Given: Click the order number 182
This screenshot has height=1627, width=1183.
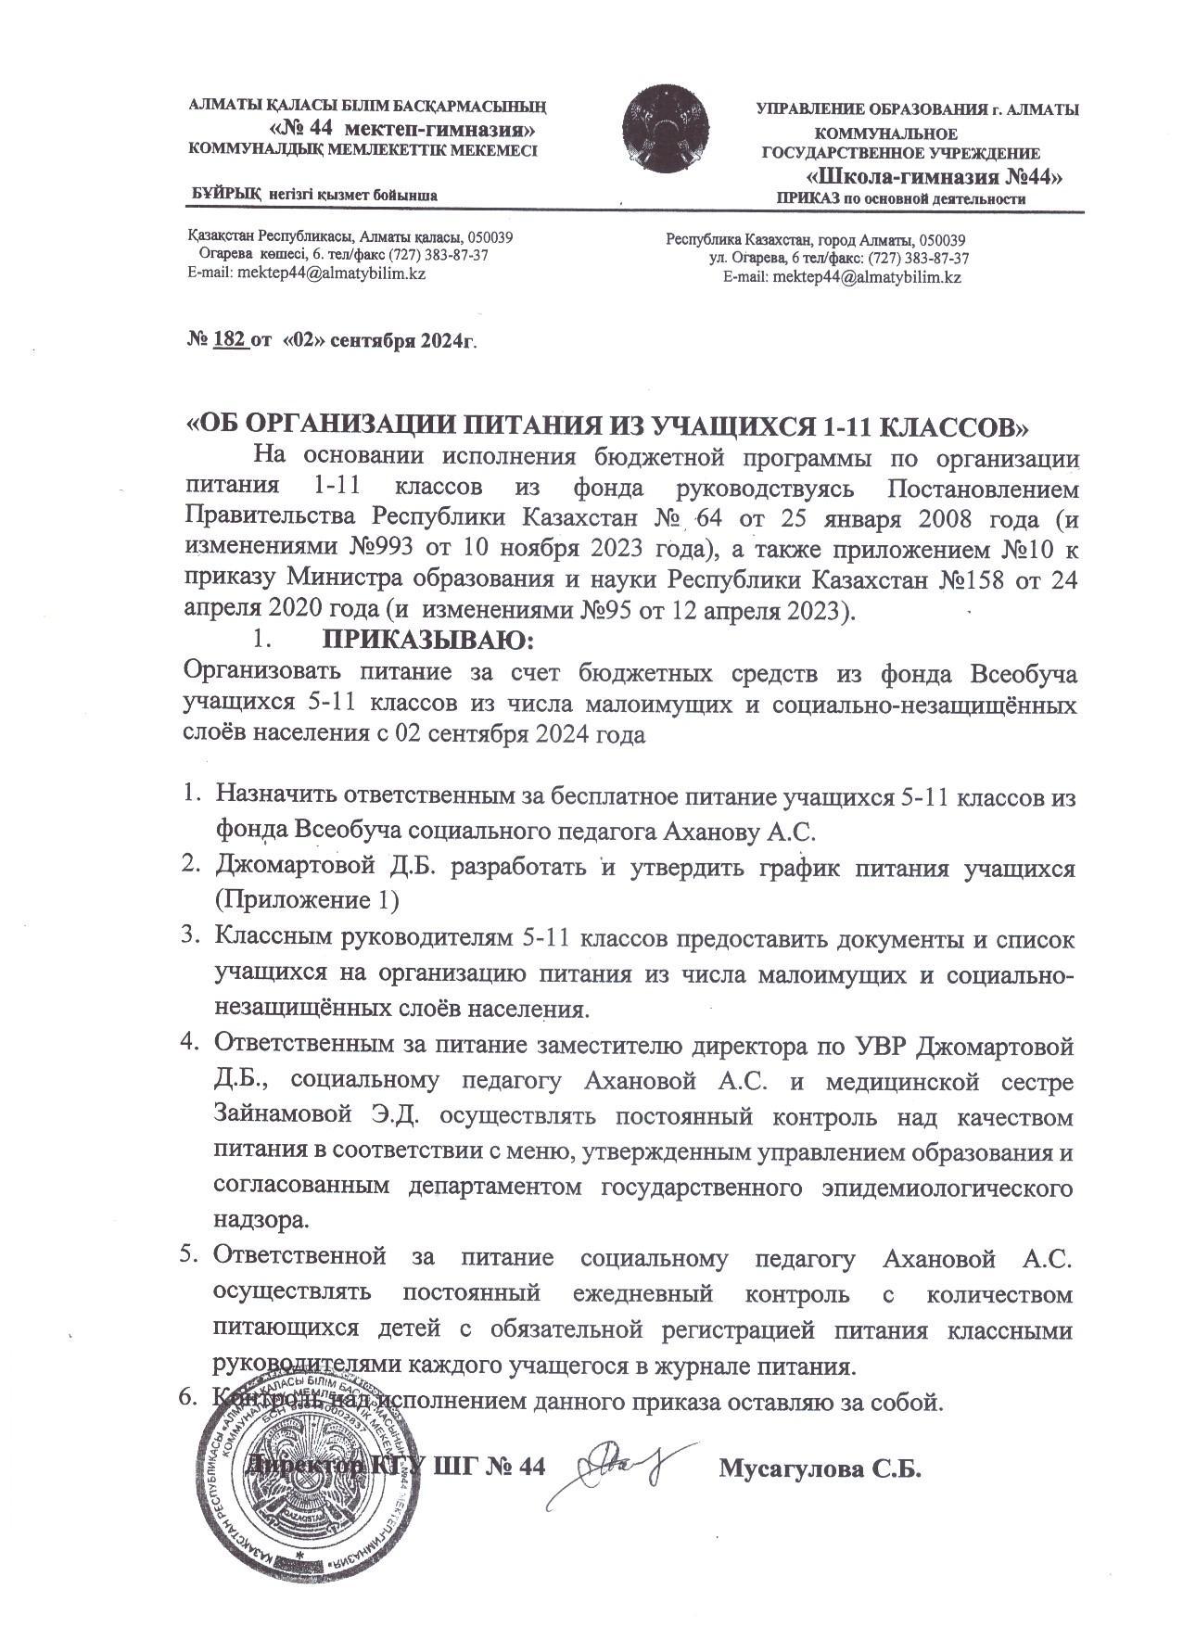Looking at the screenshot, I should coord(231,340).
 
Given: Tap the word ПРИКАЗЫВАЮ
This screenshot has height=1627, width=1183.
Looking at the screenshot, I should coord(428,641).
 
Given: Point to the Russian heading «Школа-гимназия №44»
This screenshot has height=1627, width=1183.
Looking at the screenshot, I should coord(934,177).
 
